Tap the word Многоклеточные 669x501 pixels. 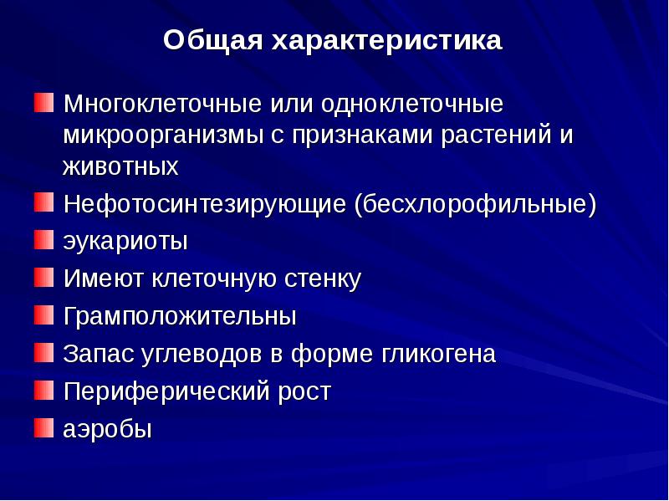(164, 105)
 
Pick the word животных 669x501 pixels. (120, 166)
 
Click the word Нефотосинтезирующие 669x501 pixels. (205, 204)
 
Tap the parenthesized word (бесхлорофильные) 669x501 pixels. (475, 204)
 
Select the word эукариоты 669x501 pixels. (125, 243)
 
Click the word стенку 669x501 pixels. (322, 279)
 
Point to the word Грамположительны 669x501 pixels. (180, 317)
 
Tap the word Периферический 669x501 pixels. (166, 391)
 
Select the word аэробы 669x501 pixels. (108, 430)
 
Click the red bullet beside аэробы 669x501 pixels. (42, 427)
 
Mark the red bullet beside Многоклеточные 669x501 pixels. (42, 103)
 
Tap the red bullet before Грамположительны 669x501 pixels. (42, 314)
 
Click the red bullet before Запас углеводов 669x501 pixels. (42, 352)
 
